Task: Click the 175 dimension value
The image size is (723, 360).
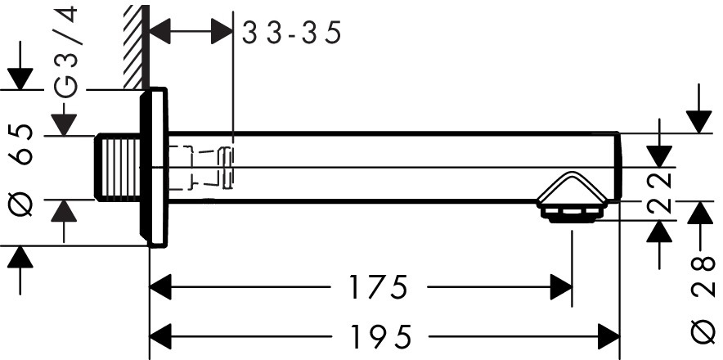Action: pyautogui.click(x=378, y=287)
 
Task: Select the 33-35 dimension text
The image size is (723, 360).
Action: pyautogui.click(x=291, y=34)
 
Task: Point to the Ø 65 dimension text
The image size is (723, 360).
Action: pyautogui.click(x=22, y=171)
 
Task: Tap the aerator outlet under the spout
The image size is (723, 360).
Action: pyautogui.click(x=572, y=214)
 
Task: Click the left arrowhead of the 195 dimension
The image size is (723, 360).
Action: pyautogui.click(x=160, y=336)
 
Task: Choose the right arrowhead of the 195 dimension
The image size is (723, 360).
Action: pyautogui.click(x=608, y=336)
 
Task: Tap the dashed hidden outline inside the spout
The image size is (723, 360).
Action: pyautogui.click(x=200, y=168)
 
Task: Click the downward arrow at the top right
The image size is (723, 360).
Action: pyautogui.click(x=699, y=119)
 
